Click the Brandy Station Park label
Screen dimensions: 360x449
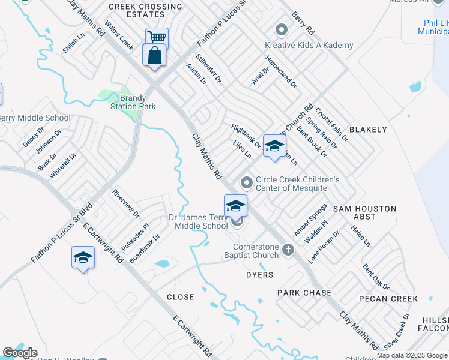tap(133, 102)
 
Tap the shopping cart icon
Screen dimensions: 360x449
tap(157, 37)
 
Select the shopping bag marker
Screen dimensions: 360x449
tap(154, 55)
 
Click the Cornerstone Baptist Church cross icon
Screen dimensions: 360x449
tap(288, 250)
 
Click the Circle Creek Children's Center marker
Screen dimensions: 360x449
tap(246, 182)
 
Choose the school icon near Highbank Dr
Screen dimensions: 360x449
tap(274, 146)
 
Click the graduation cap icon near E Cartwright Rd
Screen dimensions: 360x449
tap(83, 258)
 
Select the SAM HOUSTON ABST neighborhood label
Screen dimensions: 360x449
tap(366, 212)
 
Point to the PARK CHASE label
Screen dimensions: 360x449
tap(304, 293)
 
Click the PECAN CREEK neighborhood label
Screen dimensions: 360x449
tap(388, 298)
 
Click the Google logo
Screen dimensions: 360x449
tap(20, 353)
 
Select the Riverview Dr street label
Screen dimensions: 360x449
tap(125, 204)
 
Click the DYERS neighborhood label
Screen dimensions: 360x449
tap(260, 275)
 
